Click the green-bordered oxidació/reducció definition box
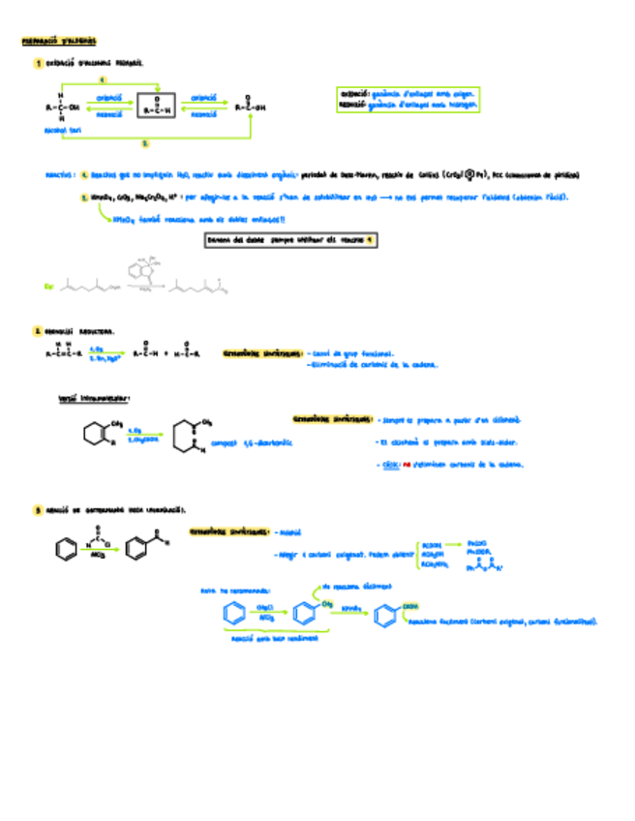click(408, 99)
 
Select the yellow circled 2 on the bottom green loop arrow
click(145, 142)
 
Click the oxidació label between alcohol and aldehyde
click(110, 98)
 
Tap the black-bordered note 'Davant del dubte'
click(291, 239)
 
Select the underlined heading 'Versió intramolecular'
click(95, 398)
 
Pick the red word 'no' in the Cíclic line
click(408, 465)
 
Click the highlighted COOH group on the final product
click(410, 607)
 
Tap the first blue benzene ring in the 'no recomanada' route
click(232, 614)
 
